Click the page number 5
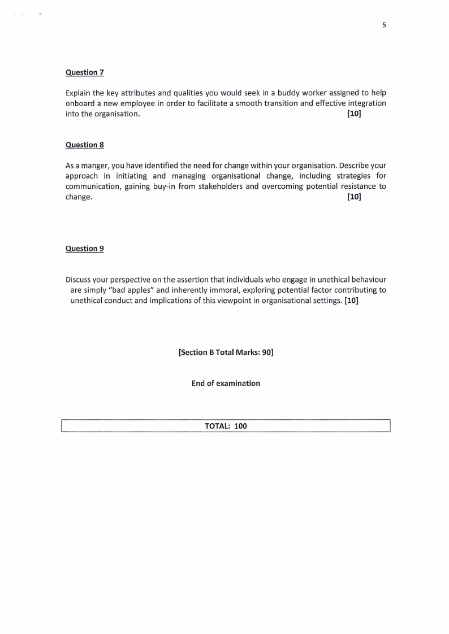[384, 25]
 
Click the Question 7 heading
[85, 72]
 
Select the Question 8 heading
[85, 145]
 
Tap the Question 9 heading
[85, 248]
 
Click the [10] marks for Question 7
[354, 114]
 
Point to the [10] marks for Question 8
[354, 197]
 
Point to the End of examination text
[226, 383]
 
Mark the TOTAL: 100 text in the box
[226, 426]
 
